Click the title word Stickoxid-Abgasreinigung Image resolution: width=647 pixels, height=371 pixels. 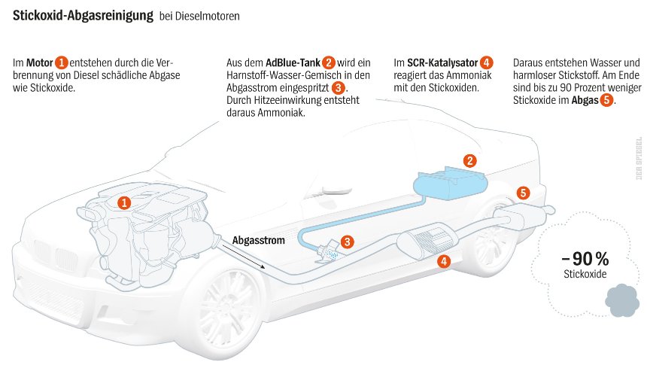click(x=83, y=15)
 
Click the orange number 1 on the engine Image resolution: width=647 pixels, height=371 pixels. click(x=125, y=202)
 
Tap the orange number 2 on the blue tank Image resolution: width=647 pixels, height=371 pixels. click(x=469, y=160)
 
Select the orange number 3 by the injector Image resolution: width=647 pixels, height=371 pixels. click(x=347, y=242)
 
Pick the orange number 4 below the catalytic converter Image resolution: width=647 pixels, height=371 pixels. click(x=444, y=262)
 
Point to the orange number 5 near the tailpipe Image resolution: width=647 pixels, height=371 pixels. click(x=524, y=193)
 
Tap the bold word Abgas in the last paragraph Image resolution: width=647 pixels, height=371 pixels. click(x=584, y=100)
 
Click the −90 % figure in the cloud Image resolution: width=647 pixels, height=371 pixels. click(x=585, y=257)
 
